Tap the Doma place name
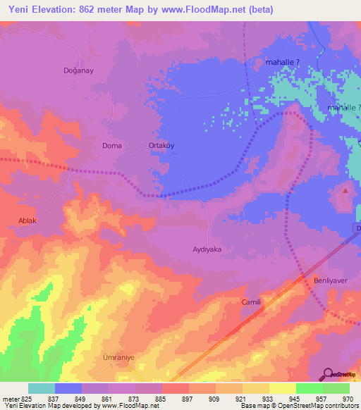point(112,146)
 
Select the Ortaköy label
point(161,146)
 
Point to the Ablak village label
point(26,220)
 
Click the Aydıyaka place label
point(207,249)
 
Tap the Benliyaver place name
point(327,280)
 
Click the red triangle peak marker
point(345,190)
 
